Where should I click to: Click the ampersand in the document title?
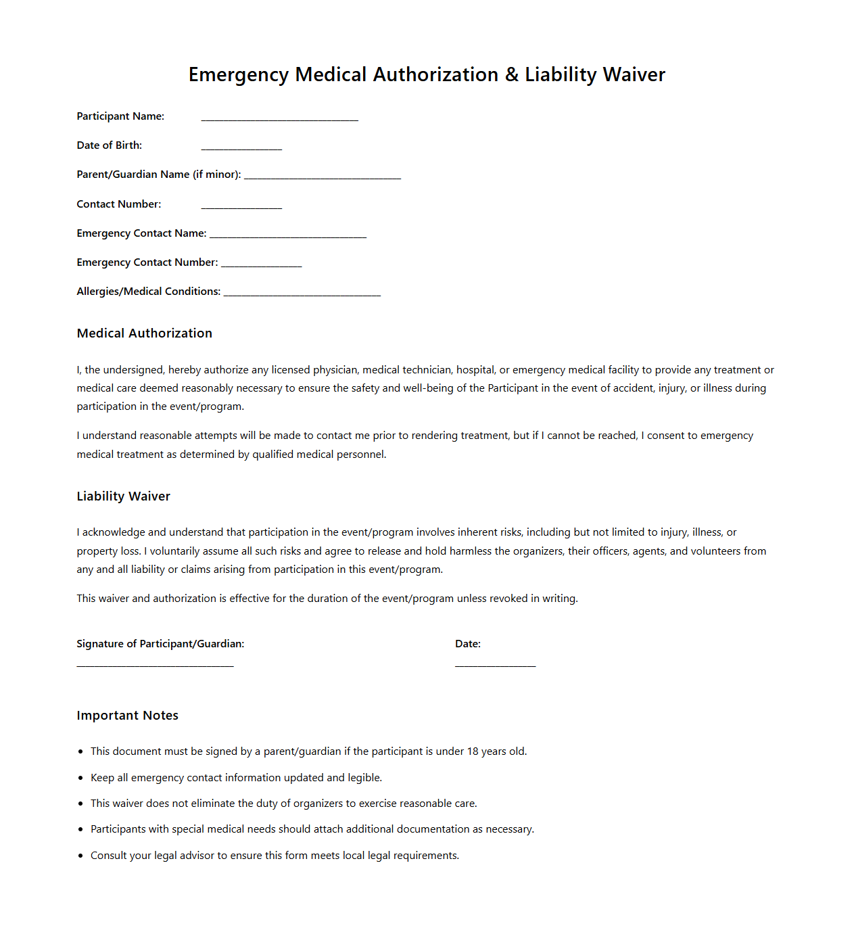click(512, 74)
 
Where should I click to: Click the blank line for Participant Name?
click(279, 120)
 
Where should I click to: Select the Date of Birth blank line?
click(241, 149)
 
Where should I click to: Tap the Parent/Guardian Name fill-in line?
click(323, 178)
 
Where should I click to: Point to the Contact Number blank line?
click(241, 208)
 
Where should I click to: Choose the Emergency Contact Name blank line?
click(288, 237)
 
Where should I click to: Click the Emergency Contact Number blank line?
click(261, 266)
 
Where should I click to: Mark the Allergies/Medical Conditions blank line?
click(302, 295)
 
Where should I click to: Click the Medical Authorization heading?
click(145, 333)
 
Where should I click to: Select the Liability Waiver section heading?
click(124, 496)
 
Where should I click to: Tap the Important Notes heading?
click(128, 716)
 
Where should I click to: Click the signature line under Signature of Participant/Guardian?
click(155, 666)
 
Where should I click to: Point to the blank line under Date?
click(495, 666)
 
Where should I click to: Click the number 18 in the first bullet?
click(473, 751)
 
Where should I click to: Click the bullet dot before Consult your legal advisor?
click(81, 856)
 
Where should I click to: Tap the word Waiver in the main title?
click(634, 74)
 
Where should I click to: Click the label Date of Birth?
click(110, 145)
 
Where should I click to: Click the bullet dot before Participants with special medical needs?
click(81, 829)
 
